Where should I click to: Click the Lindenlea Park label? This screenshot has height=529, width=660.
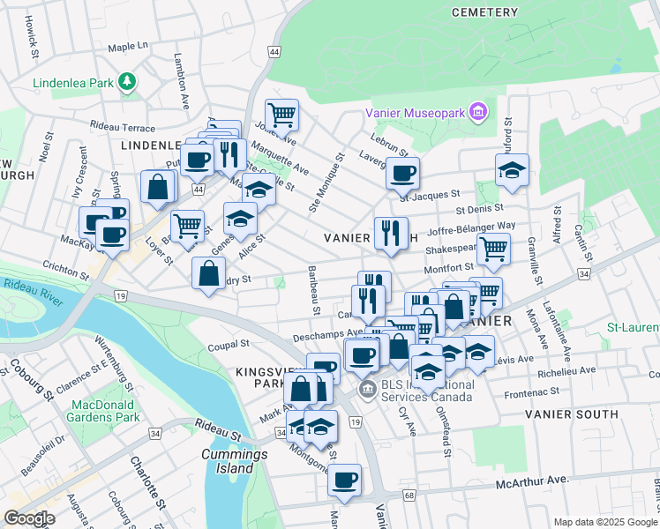(74, 83)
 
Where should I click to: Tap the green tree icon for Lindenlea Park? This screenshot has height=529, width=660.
(128, 83)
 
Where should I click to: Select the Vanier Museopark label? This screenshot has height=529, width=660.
(416, 113)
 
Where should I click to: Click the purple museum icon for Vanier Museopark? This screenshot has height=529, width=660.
(478, 112)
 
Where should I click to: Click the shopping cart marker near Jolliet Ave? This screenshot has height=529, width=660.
(282, 114)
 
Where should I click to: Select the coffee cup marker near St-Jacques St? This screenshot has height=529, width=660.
(402, 173)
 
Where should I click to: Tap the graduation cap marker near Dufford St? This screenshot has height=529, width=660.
(512, 171)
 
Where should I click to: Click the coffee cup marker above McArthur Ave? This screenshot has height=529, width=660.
(344, 481)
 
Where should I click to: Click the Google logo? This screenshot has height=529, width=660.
(29, 518)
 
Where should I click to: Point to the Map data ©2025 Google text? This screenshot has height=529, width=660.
(604, 522)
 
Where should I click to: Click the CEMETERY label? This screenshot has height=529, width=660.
(484, 12)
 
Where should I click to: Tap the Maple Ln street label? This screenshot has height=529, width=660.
(127, 46)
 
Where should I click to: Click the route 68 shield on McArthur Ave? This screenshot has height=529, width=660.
(409, 495)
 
